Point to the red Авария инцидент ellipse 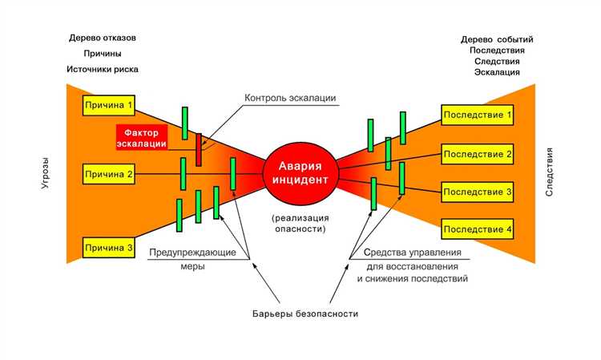[x=303, y=172]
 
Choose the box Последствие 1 [x=478, y=115]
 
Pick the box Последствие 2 [x=478, y=154]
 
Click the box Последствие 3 [x=478, y=192]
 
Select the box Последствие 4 [x=478, y=230]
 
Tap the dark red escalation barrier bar [x=199, y=149]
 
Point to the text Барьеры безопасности [x=300, y=313]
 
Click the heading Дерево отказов [x=103, y=38]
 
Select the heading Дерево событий [x=497, y=39]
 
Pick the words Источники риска [x=103, y=69]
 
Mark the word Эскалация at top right [x=498, y=72]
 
